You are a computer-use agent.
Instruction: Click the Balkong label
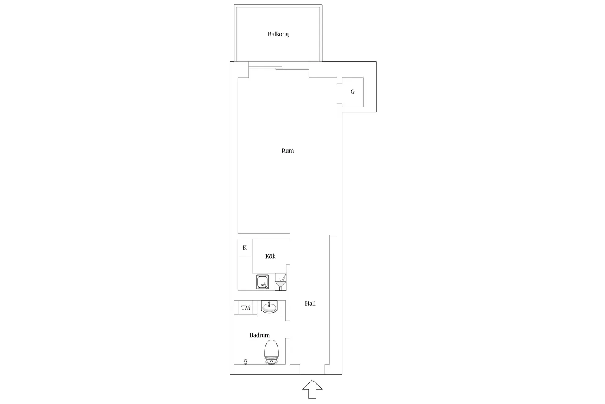pyautogui.click(x=278, y=34)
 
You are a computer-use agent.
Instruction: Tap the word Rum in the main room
pyautogui.click(x=287, y=151)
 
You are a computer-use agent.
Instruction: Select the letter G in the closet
pyautogui.click(x=352, y=92)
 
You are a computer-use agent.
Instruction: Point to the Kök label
pyautogui.click(x=270, y=256)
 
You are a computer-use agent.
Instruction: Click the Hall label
pyautogui.click(x=310, y=303)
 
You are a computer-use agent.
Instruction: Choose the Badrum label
pyautogui.click(x=260, y=335)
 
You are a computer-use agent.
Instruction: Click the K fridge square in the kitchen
pyautogui.click(x=245, y=248)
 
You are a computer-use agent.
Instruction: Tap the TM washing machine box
pyautogui.click(x=246, y=307)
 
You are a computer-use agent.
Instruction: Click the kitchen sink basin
pyautogui.click(x=263, y=282)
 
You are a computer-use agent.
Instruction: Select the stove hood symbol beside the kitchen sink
pyautogui.click(x=280, y=282)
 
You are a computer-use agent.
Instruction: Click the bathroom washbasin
pyautogui.click(x=269, y=307)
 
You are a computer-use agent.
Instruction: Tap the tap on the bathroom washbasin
pyautogui.click(x=269, y=304)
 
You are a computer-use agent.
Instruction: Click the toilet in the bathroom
pyautogui.click(x=271, y=352)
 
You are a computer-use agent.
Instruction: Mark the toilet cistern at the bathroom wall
pyautogui.click(x=271, y=361)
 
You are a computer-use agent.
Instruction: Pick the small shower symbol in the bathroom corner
pyautogui.click(x=246, y=362)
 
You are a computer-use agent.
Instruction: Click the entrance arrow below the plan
pyautogui.click(x=312, y=389)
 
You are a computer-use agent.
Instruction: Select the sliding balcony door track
pyautogui.click(x=279, y=68)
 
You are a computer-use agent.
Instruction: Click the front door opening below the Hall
pyautogui.click(x=312, y=374)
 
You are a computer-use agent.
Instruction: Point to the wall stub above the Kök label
pyautogui.click(x=264, y=236)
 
